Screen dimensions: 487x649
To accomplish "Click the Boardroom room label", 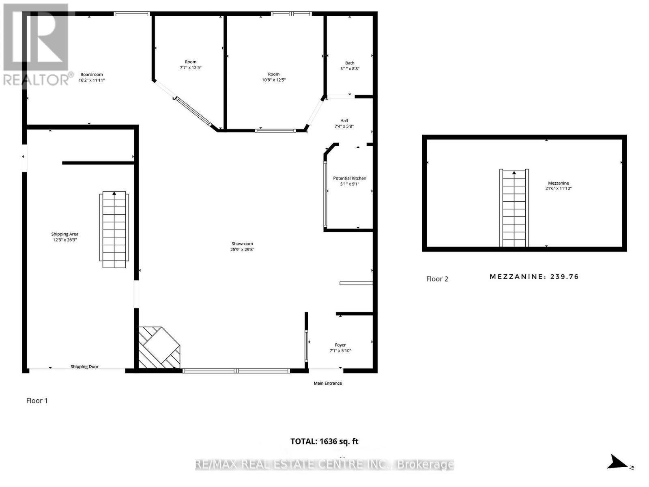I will (x=92, y=75).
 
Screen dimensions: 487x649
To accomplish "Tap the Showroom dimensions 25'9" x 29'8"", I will (x=242, y=250).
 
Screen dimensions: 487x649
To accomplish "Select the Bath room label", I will (x=350, y=63).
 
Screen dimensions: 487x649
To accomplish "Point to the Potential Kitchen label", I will (x=350, y=178).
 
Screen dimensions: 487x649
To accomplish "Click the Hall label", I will (x=344, y=121).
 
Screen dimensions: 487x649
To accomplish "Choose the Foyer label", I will (x=340, y=345).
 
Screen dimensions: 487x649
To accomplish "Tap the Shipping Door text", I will (x=84, y=366).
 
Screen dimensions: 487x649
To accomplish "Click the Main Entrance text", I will (x=328, y=383).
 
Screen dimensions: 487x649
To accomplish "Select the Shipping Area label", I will (x=65, y=234).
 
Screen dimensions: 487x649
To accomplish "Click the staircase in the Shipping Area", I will (x=114, y=230).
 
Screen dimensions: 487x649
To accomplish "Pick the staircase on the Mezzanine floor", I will (x=514, y=208).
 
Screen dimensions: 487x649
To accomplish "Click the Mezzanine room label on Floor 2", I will (x=559, y=183).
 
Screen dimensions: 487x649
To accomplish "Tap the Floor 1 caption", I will (x=37, y=401).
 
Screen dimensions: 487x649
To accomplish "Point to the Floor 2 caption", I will (x=437, y=279).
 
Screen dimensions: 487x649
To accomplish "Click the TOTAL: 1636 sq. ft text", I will (x=324, y=441).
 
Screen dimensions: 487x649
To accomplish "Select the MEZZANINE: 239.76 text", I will (x=534, y=277).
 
